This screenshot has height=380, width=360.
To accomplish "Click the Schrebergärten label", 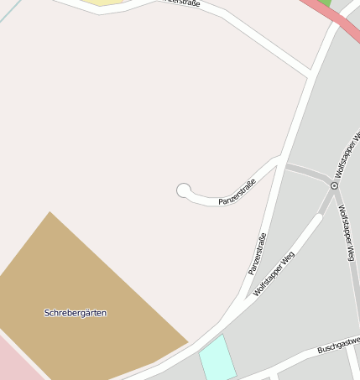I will coord(76,313).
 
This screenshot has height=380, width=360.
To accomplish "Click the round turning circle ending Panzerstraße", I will coord(184,191).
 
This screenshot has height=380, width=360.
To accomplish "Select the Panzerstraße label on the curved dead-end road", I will coord(237,192).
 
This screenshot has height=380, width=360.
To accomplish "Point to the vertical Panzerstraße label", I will coord(258,253).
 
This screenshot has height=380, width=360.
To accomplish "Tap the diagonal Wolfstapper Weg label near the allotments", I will coord(274,274).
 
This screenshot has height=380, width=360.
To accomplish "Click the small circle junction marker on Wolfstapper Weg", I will coord(334,185).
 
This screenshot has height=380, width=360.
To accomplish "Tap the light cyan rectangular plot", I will coord(217,357).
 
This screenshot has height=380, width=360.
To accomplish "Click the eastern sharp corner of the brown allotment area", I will coord(187,342).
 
